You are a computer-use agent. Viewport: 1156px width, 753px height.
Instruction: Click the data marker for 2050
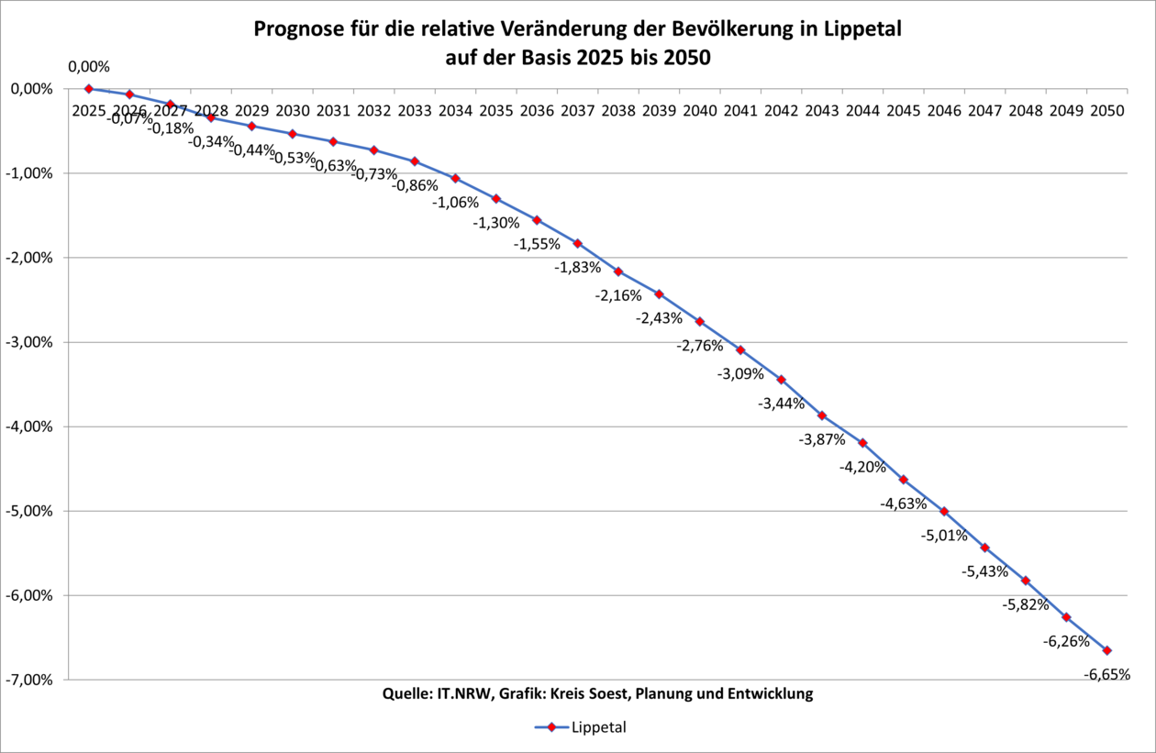pos(1107,650)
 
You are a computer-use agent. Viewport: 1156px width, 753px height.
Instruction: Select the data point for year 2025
pos(89,88)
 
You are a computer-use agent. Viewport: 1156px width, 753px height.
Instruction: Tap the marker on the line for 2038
pos(618,271)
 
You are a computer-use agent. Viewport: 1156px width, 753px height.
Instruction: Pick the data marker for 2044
pos(862,443)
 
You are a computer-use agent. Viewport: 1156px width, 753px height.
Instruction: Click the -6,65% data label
pos(1106,674)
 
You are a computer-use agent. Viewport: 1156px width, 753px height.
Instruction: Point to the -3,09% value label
pos(740,373)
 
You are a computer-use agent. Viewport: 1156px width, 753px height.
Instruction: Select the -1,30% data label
pos(496,222)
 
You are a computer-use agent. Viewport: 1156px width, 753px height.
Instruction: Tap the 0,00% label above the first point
pos(89,66)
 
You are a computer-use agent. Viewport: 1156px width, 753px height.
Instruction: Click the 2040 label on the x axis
pos(700,111)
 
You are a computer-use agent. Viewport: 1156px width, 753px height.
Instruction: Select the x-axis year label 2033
pos(415,111)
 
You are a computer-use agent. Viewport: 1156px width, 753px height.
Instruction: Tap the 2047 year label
pos(985,111)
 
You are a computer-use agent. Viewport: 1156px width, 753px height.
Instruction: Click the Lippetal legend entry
pos(579,727)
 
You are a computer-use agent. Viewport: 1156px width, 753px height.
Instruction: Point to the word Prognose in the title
pos(296,30)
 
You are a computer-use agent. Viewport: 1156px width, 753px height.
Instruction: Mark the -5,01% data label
pos(944,535)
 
